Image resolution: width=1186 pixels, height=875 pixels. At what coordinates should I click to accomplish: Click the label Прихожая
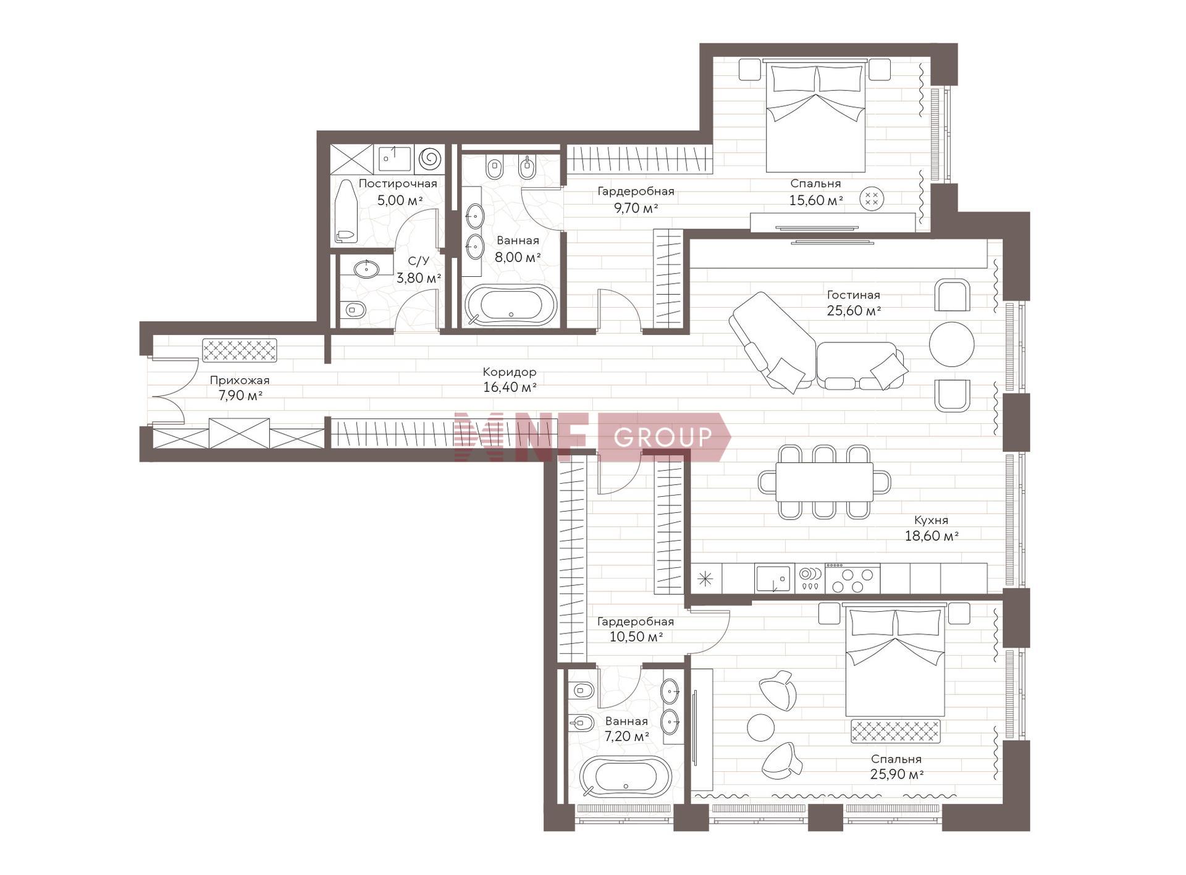(x=240, y=380)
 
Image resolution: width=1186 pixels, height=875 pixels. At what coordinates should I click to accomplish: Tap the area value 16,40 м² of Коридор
(x=510, y=387)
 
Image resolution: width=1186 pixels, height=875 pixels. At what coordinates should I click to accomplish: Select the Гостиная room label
(x=853, y=295)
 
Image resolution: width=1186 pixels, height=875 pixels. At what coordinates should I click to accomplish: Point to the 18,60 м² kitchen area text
(x=932, y=536)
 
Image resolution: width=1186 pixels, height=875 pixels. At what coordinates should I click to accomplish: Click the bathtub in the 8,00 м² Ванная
(x=511, y=305)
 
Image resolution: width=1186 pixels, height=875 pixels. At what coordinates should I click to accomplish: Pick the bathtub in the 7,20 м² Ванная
(x=625, y=776)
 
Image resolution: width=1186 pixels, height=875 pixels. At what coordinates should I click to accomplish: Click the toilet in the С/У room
(x=353, y=308)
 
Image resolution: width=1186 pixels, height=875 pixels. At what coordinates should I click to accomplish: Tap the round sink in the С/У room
(x=366, y=269)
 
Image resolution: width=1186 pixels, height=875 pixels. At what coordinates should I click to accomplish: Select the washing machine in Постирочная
(x=430, y=158)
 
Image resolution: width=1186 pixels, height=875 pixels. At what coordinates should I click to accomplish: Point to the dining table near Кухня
(x=824, y=482)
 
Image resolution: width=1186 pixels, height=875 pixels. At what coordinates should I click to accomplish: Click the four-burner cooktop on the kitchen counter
(x=852, y=578)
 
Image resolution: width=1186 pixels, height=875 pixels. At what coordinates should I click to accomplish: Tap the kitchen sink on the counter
(x=773, y=578)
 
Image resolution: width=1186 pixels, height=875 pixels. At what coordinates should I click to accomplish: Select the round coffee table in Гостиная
(x=951, y=344)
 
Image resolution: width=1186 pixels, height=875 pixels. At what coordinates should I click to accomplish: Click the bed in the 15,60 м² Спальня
(x=815, y=116)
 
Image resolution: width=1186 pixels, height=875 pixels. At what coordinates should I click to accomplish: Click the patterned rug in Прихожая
(x=240, y=350)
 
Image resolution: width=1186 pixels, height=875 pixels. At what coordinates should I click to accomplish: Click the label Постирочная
(x=398, y=184)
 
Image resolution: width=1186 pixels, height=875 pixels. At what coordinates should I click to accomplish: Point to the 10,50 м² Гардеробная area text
(x=636, y=636)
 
